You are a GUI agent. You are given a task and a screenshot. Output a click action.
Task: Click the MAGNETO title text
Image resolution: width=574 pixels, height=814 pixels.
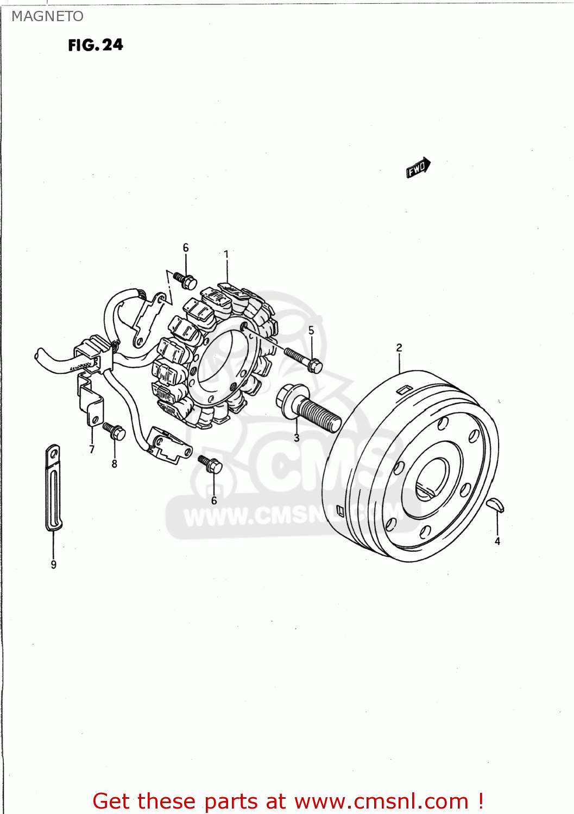pos(47,16)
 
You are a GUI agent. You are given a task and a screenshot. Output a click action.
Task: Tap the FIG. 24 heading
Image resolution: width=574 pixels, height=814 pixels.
pos(96,45)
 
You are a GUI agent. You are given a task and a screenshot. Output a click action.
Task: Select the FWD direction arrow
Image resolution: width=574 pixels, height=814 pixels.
pos(418,167)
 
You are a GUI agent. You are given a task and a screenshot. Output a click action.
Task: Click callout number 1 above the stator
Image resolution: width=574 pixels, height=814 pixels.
pos(226,254)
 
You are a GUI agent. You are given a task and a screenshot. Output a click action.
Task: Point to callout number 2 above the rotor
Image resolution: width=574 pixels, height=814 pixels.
pos(399,347)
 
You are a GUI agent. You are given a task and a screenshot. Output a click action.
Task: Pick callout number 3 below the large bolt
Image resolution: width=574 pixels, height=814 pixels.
pos(297,437)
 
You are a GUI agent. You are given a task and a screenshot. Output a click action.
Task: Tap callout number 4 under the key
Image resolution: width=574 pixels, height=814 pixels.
pos(497,541)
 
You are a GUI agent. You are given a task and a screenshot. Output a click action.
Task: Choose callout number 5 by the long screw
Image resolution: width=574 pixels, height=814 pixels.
pos(311,330)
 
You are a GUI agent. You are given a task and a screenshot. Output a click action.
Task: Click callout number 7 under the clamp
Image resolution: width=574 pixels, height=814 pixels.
pos(92,449)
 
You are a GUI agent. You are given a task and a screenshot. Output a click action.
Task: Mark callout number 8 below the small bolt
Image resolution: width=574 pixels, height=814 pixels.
pos(114,463)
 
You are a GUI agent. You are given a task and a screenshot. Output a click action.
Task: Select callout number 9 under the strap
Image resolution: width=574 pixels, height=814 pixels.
pos(53,564)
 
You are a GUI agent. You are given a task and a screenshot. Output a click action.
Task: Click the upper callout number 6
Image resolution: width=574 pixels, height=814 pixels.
pos(186,247)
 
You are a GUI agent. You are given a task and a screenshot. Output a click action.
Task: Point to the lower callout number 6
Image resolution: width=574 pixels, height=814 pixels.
pos(214,500)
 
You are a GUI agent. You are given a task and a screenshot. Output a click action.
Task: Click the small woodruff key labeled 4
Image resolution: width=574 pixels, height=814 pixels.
pos(495,506)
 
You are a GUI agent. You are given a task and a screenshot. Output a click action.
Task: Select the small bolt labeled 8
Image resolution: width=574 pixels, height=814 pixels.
pos(114,431)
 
